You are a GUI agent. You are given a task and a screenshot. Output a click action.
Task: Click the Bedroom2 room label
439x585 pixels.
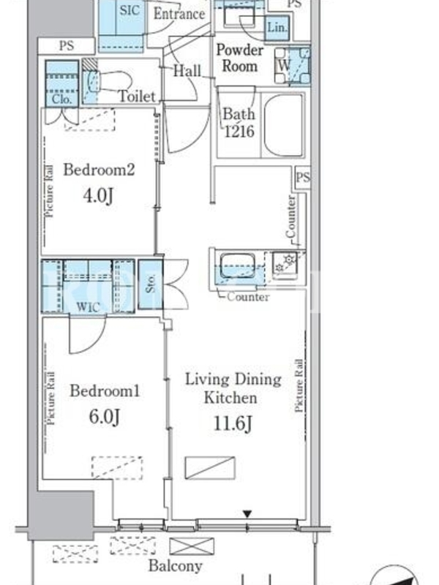tap(99, 170)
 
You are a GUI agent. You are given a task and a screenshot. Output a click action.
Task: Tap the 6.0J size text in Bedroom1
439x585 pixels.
tap(105, 416)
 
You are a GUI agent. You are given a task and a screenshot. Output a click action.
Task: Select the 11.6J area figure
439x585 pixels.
tap(233, 424)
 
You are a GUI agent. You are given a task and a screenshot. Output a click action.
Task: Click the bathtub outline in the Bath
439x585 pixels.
tap(284, 125)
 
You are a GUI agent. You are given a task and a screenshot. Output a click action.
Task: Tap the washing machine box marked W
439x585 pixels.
tap(292, 66)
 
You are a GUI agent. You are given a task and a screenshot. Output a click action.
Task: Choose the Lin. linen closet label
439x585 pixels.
tap(277, 28)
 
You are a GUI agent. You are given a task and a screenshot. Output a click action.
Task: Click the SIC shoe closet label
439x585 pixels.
tap(130, 10)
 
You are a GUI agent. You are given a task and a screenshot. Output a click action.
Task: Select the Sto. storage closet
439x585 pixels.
tap(151, 284)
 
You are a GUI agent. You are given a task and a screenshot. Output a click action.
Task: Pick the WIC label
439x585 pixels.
tap(88, 307)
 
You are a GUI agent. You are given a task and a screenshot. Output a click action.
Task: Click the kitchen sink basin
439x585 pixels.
tap(237, 265)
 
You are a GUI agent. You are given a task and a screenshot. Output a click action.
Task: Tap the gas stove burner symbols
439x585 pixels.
tap(285, 263)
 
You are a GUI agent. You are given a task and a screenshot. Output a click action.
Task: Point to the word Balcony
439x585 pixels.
tap(176, 566)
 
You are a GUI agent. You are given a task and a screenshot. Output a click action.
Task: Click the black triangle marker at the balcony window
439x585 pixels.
tap(247, 515)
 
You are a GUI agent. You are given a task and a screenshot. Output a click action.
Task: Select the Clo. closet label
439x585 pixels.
tap(62, 99)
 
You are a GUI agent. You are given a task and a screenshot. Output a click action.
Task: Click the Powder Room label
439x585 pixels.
tap(240, 58)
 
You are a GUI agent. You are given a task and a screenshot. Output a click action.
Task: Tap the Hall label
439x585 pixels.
tap(187, 70)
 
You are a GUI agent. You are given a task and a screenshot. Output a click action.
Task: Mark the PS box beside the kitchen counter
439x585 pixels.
tap(303, 177)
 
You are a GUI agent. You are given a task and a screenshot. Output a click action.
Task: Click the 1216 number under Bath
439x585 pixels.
tap(239, 132)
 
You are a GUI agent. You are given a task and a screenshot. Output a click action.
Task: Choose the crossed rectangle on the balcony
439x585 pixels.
tap(192, 546)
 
